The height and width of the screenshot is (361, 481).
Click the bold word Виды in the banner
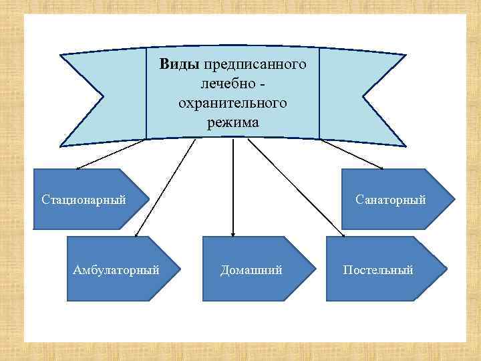point(179,65)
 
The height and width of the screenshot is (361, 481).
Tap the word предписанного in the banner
point(255,65)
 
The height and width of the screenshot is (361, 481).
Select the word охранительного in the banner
point(232,103)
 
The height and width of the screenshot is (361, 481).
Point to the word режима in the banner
point(232,122)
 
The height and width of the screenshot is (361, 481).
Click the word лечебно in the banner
point(226,84)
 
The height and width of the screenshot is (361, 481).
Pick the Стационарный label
point(84,200)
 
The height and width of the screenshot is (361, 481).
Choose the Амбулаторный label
point(116,270)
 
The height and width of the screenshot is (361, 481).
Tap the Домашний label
point(251,270)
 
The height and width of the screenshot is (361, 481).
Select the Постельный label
point(378,270)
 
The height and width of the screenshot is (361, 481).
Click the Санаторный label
point(391,200)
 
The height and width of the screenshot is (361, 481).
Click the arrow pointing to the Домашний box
point(232,187)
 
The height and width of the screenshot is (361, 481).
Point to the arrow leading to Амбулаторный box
point(165,187)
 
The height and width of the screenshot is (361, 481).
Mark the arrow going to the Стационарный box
point(110,154)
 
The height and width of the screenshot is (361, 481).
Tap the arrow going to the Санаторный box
point(352,154)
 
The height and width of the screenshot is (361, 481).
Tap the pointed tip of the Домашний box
point(312,269)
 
